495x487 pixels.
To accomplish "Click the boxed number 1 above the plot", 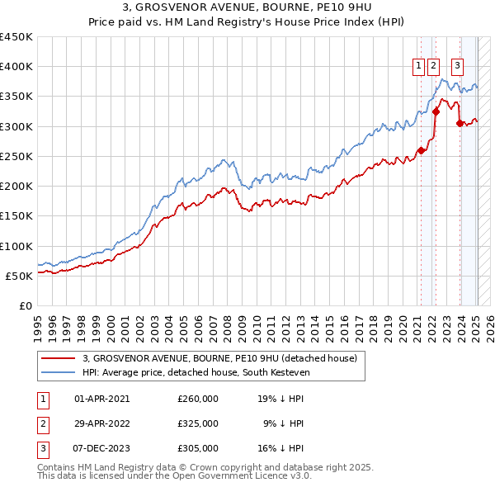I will tap(419, 68).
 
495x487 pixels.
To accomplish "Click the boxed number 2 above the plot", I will tap(434, 68).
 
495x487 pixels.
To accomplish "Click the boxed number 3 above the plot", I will tap(457, 68).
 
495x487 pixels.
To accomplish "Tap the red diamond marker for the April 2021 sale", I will tap(421, 150).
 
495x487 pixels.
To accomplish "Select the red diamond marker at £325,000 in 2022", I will tap(436, 111).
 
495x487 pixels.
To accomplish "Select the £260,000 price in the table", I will tap(198, 399).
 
